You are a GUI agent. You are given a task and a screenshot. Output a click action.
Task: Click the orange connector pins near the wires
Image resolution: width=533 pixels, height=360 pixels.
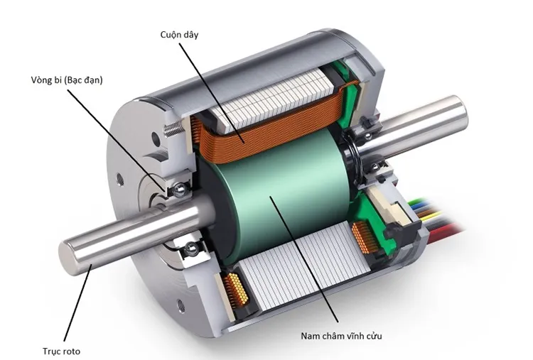pyautogui.click(x=362, y=239)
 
